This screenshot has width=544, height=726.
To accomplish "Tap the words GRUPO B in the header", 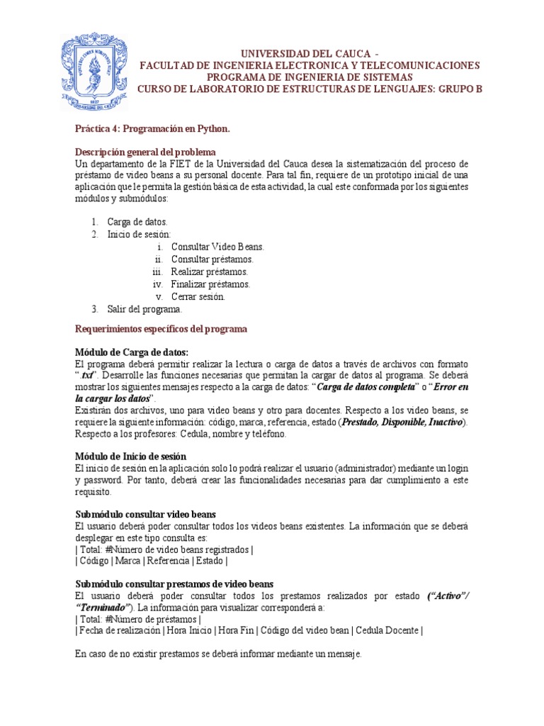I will point(454,88).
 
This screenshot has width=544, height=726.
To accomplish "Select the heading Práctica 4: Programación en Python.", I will point(153,129).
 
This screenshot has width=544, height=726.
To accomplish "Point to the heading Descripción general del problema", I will point(146,152).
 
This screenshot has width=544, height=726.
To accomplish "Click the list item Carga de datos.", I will point(137,222).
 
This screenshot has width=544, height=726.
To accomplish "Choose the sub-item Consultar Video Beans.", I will point(217,247).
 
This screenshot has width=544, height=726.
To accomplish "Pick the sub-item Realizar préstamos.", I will point(210,272).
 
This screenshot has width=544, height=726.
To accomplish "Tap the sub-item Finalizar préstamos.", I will point(210,284).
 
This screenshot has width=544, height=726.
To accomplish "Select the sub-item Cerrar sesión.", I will point(198,296).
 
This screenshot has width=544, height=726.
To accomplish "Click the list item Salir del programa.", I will point(144,309).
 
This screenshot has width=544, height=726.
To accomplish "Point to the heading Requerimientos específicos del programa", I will point(161,330).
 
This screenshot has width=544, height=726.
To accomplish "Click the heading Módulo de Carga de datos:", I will point(132,352).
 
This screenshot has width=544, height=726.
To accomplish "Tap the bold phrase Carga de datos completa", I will point(365,388).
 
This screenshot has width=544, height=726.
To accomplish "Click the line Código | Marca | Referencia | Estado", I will point(151,561).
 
